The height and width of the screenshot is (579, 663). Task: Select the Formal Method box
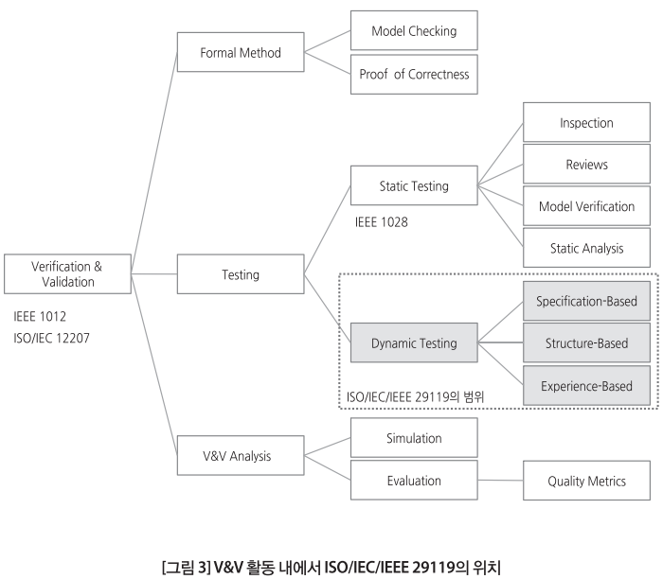241,53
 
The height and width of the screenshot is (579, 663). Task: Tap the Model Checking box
414,31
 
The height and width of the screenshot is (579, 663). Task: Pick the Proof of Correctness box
414,74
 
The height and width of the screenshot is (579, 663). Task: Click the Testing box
241,274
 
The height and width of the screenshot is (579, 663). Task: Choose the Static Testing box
414,186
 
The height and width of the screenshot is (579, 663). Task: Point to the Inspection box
586,123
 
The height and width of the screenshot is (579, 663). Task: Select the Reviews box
586,165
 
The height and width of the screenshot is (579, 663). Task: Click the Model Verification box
586,206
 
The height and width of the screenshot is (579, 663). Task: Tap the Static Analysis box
586,248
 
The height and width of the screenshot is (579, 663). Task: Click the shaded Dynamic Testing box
414,342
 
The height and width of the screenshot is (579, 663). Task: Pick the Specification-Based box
586,301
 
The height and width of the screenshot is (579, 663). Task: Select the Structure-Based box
586,342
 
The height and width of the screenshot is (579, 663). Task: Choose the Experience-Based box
586,385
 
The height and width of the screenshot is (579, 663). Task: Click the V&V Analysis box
241,456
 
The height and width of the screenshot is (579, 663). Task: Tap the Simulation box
414,438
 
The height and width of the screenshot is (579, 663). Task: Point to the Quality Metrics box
586,481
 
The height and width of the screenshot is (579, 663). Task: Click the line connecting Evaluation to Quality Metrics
500,481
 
